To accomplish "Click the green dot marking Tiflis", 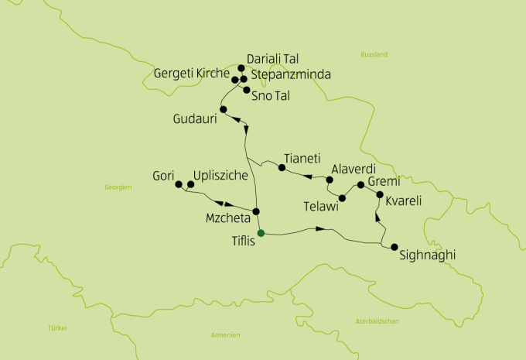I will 261,232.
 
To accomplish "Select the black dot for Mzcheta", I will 256,211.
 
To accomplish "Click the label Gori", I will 163,176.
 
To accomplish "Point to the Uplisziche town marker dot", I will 190,184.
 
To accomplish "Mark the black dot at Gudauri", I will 223,110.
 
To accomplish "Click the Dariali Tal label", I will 272,59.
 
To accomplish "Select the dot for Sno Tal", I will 247,91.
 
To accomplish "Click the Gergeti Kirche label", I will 192,74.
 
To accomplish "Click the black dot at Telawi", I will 342,198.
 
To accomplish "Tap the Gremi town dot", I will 360,185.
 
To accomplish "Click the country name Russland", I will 374,55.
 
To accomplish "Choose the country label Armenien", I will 225,334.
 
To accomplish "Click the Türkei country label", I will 56,327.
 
